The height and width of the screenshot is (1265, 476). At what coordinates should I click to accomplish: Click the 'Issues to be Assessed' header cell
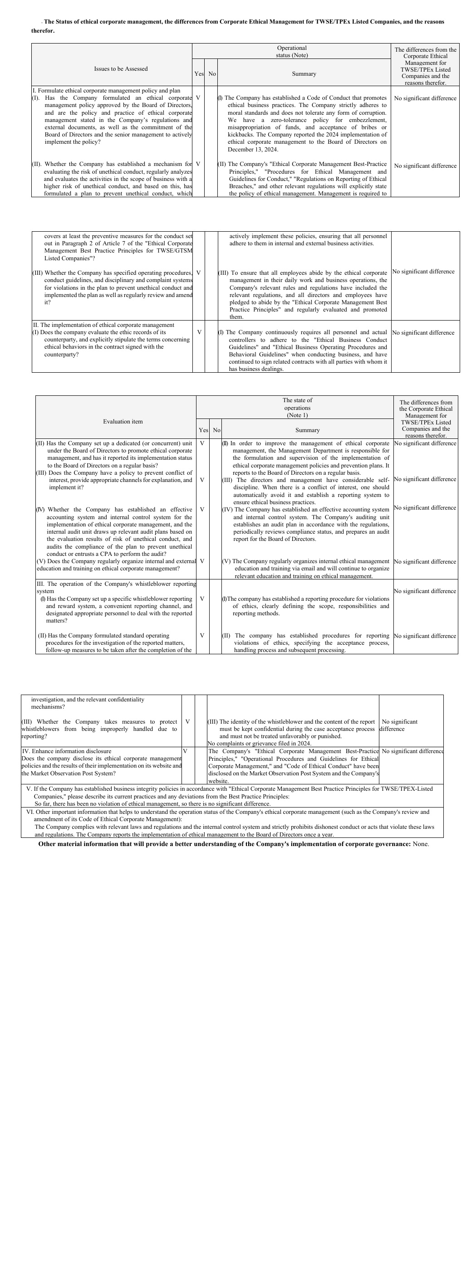click(x=121, y=69)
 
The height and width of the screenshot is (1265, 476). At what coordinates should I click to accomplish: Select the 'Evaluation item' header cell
click(x=123, y=422)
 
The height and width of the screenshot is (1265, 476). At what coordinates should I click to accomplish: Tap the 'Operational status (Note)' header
click(x=291, y=52)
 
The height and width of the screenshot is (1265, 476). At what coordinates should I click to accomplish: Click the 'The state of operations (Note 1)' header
click(x=297, y=408)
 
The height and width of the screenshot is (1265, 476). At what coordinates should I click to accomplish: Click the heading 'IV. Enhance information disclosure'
click(x=67, y=751)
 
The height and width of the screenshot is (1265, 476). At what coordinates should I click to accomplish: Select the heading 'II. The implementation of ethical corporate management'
click(x=103, y=325)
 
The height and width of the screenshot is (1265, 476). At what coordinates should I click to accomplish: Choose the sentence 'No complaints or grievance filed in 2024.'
click(x=260, y=744)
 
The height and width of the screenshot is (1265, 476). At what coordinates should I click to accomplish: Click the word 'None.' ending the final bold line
click(x=421, y=844)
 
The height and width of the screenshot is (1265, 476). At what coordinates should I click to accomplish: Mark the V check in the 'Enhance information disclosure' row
click(x=185, y=751)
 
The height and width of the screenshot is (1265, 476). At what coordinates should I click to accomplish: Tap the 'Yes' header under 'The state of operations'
click(x=203, y=431)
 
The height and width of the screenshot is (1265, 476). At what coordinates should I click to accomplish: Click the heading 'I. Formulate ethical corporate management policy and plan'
click(x=107, y=91)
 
